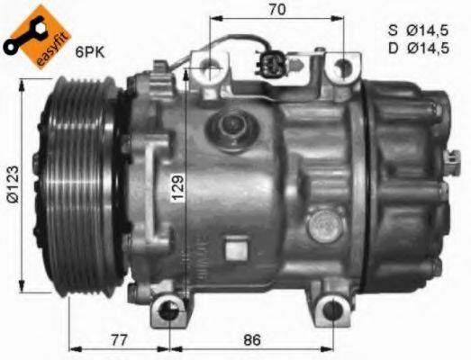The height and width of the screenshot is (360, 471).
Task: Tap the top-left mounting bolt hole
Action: click(210, 65)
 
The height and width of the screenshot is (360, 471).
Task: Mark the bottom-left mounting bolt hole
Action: click(168, 311)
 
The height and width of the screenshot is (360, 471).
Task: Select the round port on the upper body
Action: click(228, 125)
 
